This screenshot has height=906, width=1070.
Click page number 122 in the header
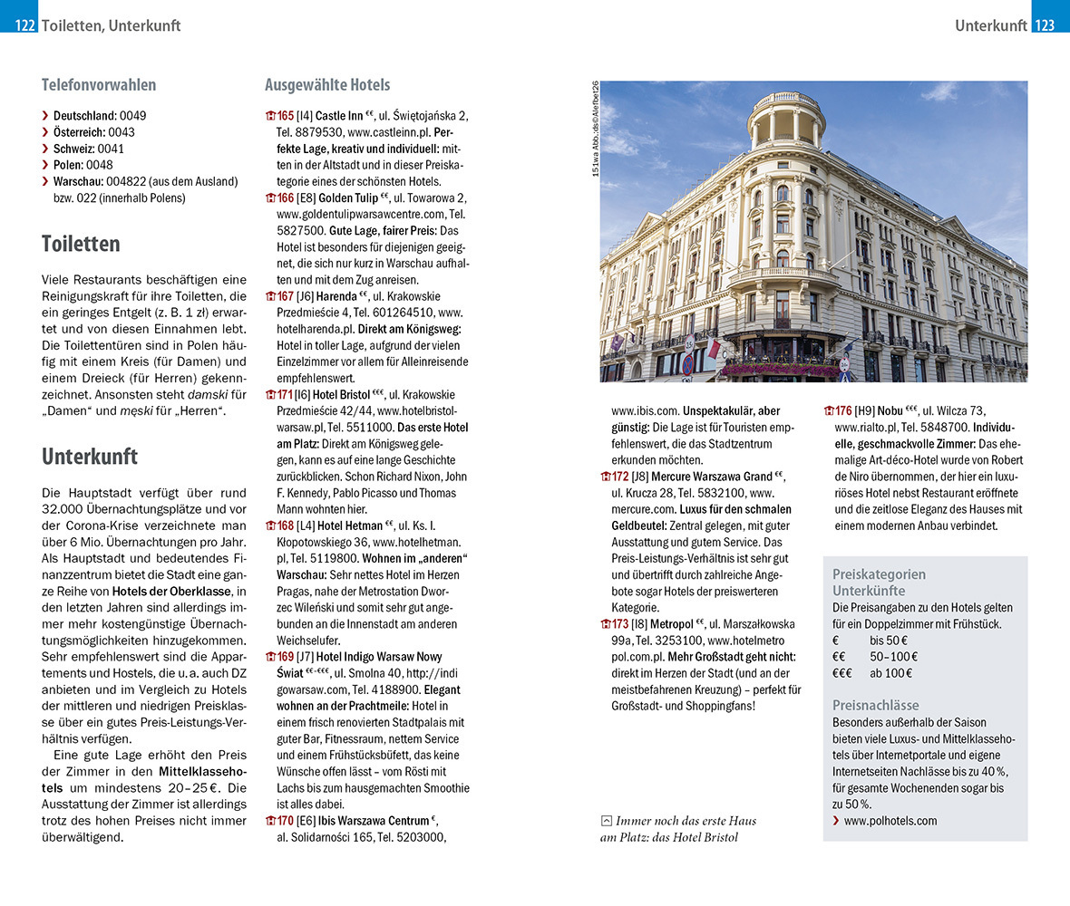(24, 25)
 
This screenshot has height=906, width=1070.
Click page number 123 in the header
(1045, 25)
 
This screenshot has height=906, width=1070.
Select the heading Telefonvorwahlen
(99, 85)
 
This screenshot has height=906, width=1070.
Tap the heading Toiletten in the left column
(81, 244)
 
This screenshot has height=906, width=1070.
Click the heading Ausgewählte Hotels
(327, 85)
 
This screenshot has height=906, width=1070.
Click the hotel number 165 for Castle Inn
(285, 116)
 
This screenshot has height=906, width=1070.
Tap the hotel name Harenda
(336, 295)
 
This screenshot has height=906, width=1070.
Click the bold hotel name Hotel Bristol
(343, 394)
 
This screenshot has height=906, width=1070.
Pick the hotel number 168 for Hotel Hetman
(285, 525)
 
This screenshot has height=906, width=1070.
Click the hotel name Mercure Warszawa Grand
(715, 477)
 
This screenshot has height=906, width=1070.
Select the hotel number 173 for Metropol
(620, 623)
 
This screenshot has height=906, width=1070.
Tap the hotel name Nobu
(866, 411)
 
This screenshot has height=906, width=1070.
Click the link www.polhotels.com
(890, 821)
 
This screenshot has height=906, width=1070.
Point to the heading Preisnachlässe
(875, 705)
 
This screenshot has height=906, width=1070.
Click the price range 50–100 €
(893, 656)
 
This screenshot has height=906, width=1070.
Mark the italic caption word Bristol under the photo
(715, 837)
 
